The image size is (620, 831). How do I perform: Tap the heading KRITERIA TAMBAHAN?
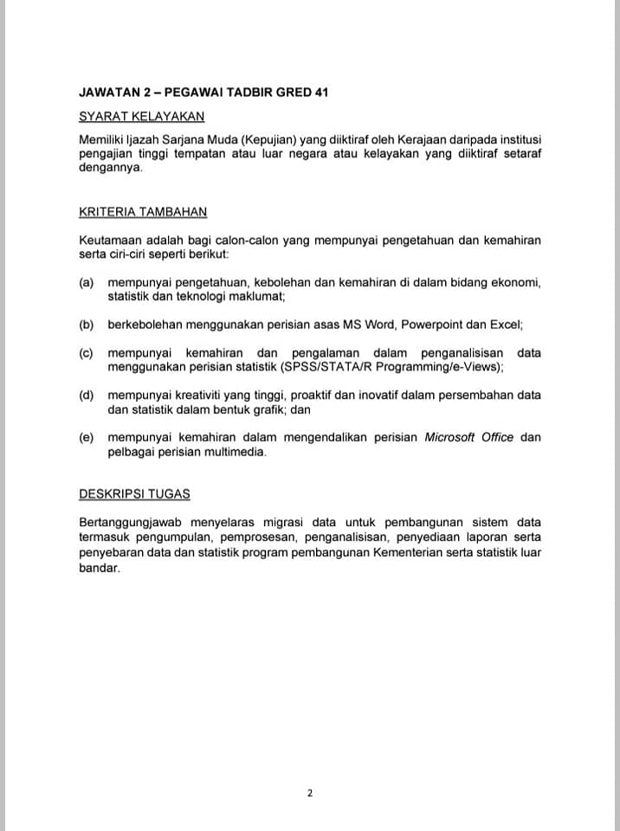(x=143, y=212)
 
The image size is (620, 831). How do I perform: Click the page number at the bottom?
(x=309, y=792)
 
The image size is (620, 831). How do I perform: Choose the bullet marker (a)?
(x=86, y=282)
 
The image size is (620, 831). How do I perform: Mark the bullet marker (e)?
(x=86, y=437)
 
